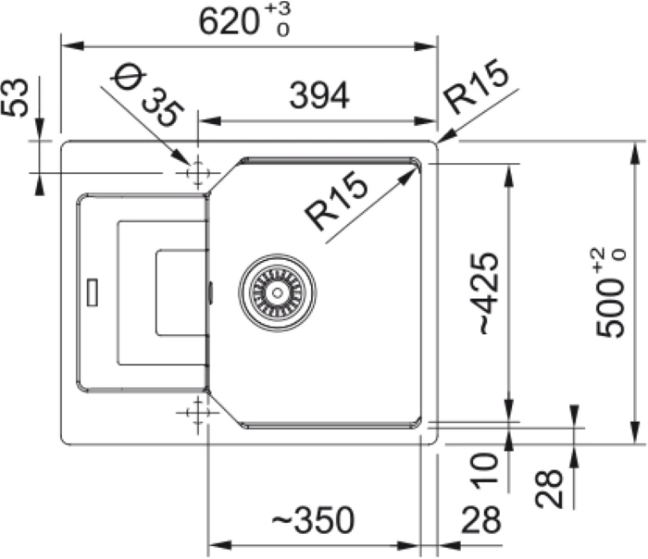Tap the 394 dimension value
point(318,94)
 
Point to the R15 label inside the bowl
point(337,204)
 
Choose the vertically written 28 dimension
point(549,488)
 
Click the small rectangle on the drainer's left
point(92,291)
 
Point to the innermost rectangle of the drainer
point(181,292)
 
